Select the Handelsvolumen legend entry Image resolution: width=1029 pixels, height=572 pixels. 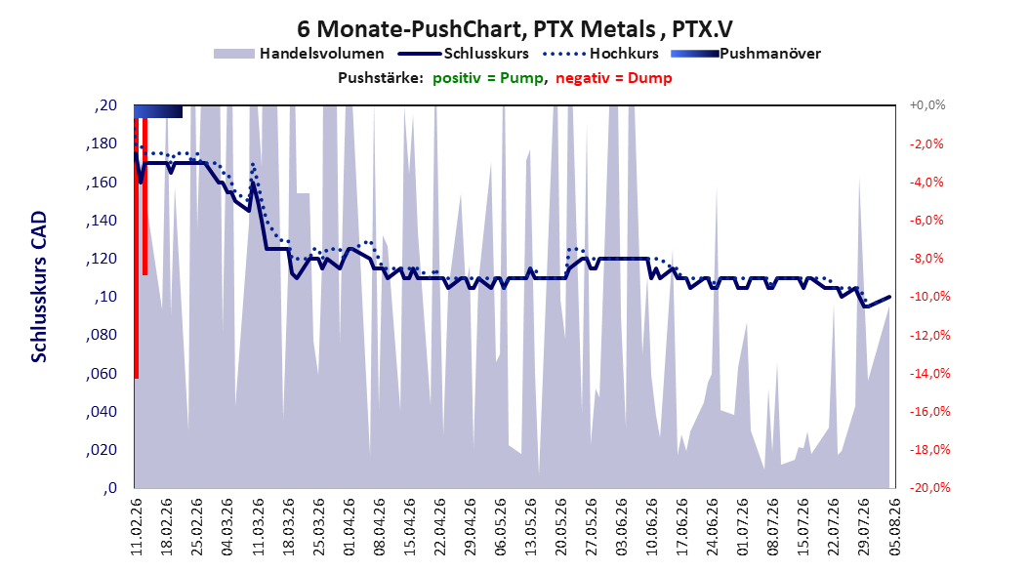[300, 54]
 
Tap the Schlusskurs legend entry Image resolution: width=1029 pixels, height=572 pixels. [464, 54]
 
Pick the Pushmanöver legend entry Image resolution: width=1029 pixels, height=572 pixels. [746, 54]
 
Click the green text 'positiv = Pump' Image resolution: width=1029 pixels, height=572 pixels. [487, 78]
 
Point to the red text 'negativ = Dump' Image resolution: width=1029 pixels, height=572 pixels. [614, 78]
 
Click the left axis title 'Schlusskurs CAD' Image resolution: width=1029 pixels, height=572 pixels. [39, 287]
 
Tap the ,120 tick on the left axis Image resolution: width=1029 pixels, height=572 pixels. [102, 259]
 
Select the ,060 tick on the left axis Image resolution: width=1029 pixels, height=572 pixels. [102, 373]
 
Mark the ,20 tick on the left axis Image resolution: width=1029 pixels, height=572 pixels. [105, 105]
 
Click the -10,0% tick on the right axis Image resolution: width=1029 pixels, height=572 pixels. [929, 297]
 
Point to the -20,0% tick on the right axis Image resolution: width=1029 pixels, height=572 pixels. [929, 487]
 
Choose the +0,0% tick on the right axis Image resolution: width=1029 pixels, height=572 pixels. [927, 105]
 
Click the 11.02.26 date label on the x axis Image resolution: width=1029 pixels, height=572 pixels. [137, 527]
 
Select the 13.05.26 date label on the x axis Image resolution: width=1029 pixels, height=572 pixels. [531, 527]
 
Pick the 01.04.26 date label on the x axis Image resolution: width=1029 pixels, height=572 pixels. [350, 527]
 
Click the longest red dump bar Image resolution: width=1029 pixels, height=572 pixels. [137, 248]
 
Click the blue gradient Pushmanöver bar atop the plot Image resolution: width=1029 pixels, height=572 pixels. [158, 111]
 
